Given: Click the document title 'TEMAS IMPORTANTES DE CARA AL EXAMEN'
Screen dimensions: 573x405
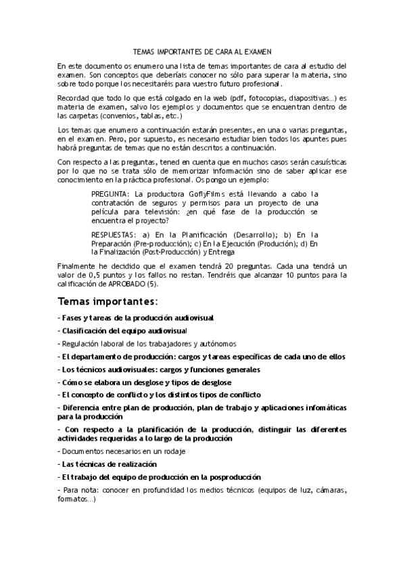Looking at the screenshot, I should coord(202,51).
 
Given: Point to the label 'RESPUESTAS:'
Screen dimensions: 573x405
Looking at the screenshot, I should coord(114,234).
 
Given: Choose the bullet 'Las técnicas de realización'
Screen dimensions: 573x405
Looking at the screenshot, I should coord(109,464).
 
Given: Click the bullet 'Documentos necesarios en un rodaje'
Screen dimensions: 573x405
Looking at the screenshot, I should coord(122,450).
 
